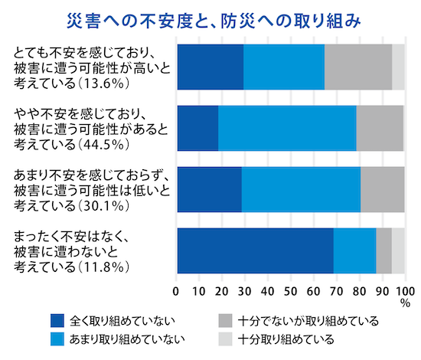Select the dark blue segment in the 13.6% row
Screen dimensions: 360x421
(210, 67)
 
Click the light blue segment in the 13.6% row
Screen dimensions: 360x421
(283, 67)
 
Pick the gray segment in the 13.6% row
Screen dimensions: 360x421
(357, 67)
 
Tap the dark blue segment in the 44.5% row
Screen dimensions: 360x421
(197, 128)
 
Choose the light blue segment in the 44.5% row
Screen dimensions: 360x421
(287, 128)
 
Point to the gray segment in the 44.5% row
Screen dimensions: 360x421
(379, 128)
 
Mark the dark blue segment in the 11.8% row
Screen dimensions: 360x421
(255, 250)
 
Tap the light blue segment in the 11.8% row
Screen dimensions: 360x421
(354, 250)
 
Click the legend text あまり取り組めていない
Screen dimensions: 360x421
(126, 339)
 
